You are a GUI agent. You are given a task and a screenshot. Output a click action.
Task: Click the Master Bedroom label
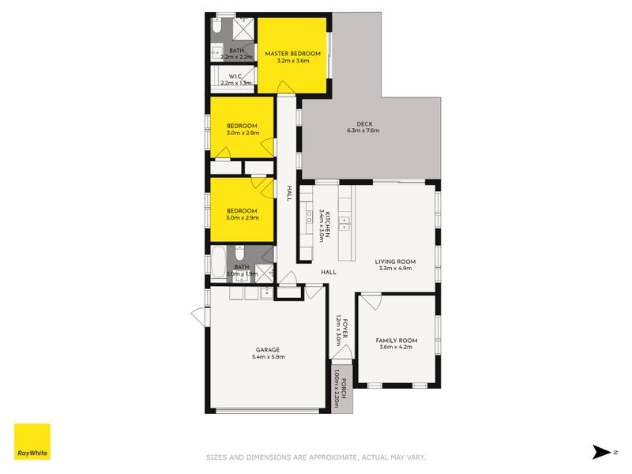pos(293,54)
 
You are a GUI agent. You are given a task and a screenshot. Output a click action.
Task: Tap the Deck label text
pos(363,122)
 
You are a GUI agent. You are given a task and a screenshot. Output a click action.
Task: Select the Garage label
pos(268,349)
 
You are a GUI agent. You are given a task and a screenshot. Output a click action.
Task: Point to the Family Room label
pos(397,340)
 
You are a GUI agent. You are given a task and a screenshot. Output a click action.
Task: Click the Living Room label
pos(397,261)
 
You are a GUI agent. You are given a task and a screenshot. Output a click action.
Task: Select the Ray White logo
pos(32,442)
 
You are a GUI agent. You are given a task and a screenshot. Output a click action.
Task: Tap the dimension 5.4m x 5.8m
pos(268,357)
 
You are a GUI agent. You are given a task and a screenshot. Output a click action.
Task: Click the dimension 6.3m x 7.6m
pos(363,130)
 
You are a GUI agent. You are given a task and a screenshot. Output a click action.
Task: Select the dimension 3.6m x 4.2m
pos(397,348)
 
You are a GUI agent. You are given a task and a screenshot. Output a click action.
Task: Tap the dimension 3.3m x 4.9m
pos(397,269)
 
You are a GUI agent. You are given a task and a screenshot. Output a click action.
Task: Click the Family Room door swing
pos(372,303)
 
